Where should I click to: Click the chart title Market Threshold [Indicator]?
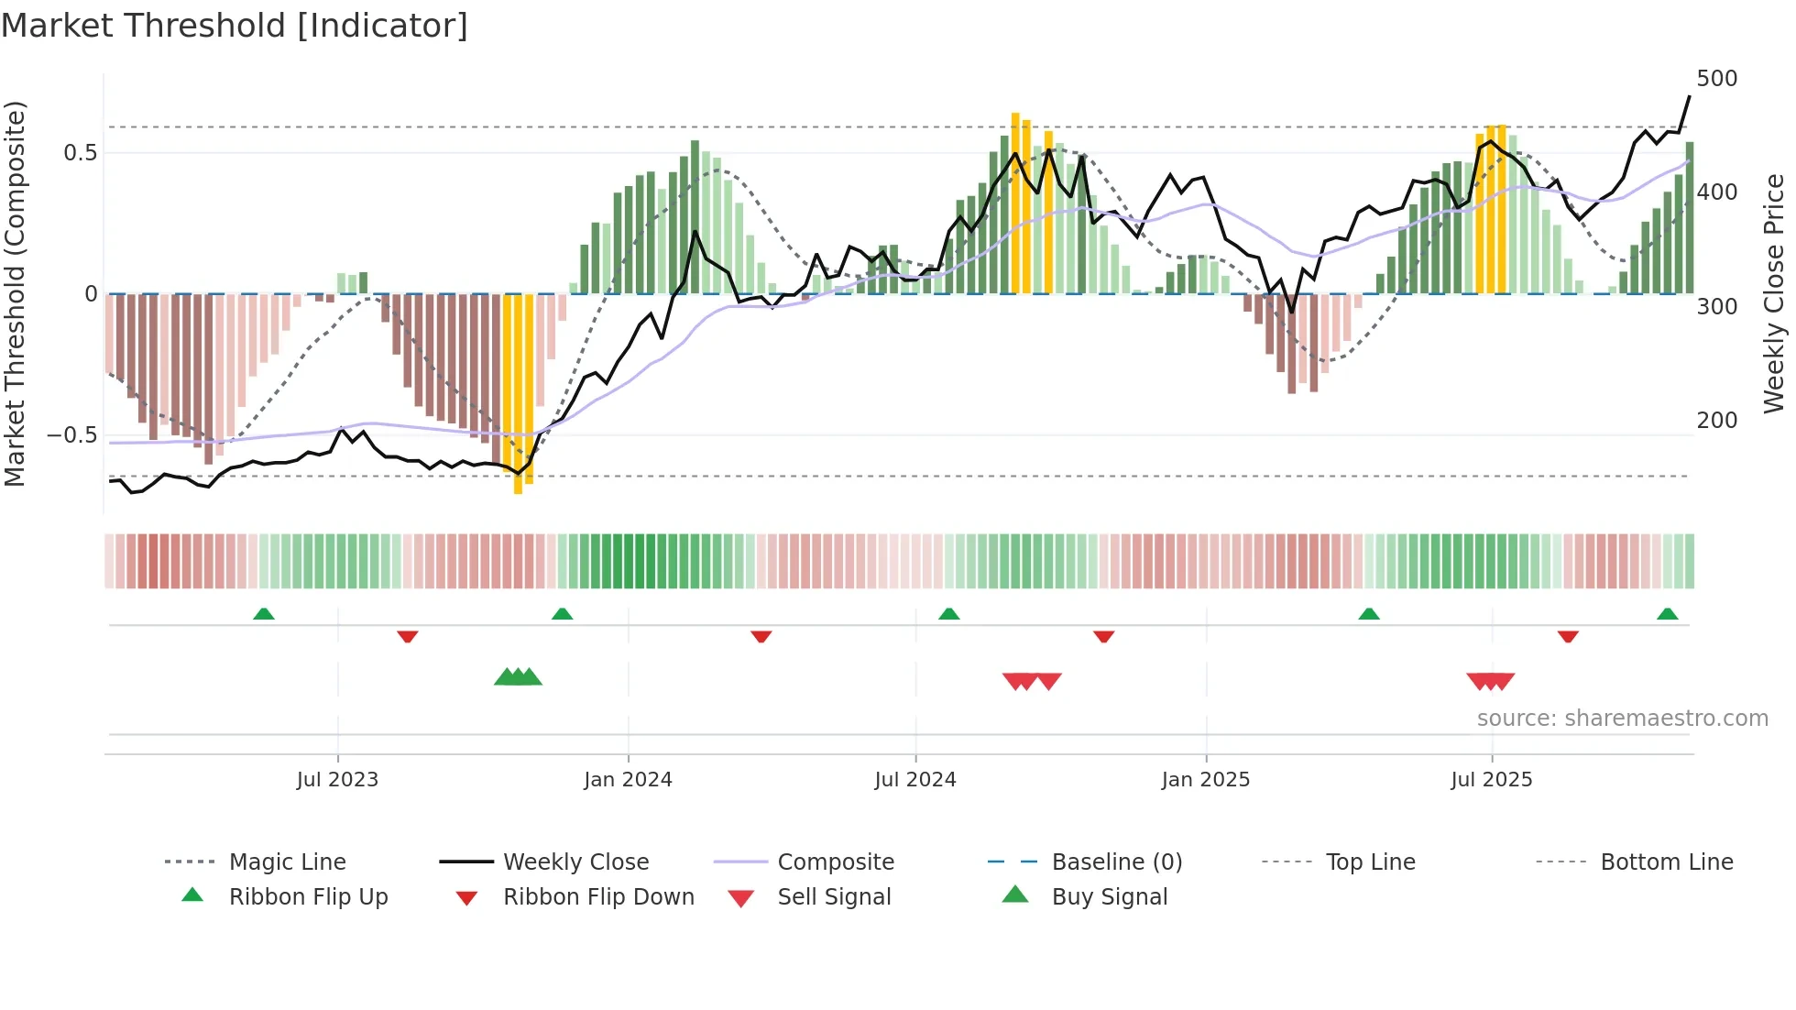click(x=235, y=26)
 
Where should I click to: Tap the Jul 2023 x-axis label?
click(x=337, y=780)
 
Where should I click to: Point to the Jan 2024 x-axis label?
click(x=628, y=780)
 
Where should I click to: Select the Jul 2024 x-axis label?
click(x=914, y=780)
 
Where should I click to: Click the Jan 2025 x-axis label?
click(x=1205, y=780)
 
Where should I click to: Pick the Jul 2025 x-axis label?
click(x=1491, y=780)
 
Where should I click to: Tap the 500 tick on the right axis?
click(x=1716, y=79)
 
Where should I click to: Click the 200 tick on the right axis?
click(x=1716, y=421)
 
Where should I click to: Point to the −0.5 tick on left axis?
click(x=71, y=435)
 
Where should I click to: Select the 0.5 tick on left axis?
click(x=80, y=153)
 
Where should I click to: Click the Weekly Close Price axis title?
click(x=1774, y=293)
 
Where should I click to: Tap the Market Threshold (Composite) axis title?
click(x=15, y=293)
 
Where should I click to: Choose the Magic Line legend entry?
click(x=287, y=862)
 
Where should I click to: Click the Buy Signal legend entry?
click(x=1109, y=897)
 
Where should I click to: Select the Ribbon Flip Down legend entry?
click(x=597, y=897)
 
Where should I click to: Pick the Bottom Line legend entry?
click(x=1666, y=862)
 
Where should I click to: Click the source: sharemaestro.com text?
click(x=1622, y=719)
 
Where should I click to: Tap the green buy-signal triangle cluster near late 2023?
click(x=518, y=677)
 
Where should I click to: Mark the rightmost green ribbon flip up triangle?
click(x=1667, y=614)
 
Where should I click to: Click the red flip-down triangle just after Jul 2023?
click(x=408, y=636)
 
